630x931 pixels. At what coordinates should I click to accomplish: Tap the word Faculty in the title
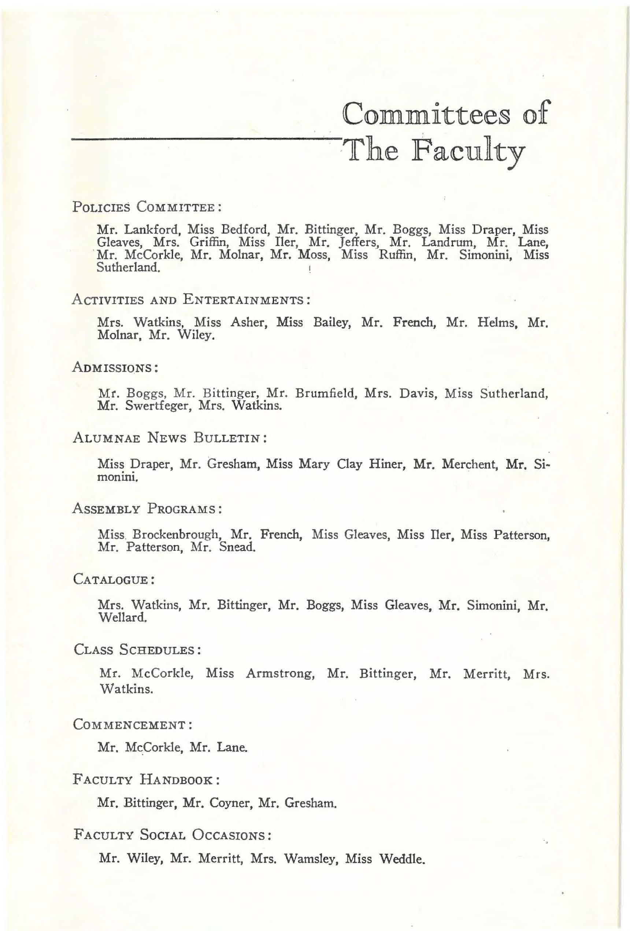(x=467, y=153)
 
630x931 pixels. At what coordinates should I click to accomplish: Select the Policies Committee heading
(x=147, y=208)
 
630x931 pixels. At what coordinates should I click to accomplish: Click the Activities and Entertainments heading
(x=191, y=300)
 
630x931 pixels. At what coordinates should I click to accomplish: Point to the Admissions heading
(x=115, y=368)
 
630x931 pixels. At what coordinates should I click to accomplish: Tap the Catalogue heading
(x=114, y=580)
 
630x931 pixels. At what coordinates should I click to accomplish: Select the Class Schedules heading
(x=137, y=650)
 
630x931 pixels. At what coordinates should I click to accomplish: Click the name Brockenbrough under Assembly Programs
(x=176, y=535)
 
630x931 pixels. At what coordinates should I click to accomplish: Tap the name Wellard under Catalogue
(x=122, y=617)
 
